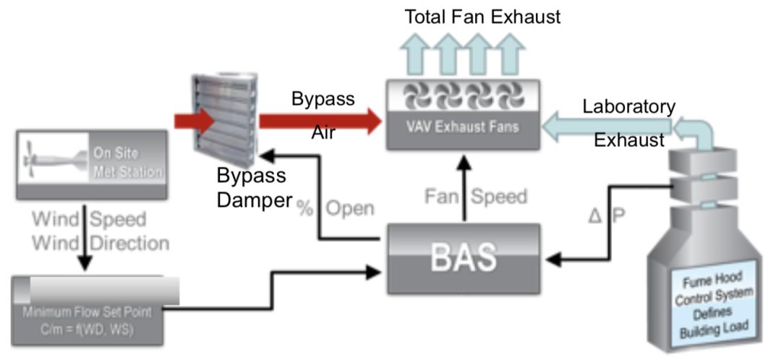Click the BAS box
463,257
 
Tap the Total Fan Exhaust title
482,17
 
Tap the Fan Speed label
476,196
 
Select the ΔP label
603,216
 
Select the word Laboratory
629,107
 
